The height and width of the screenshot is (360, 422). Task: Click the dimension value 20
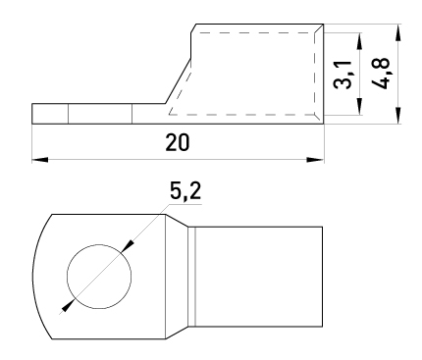click(x=178, y=143)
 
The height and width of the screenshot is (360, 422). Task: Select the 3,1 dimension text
click(x=343, y=75)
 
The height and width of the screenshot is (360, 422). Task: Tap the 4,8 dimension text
click(x=381, y=74)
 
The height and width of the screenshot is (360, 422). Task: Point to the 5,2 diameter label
click(x=185, y=191)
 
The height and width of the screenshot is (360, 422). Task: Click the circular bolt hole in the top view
click(x=99, y=277)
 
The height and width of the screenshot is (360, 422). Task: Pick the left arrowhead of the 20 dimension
click(x=40, y=160)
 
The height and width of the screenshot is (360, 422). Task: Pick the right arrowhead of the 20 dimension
click(x=315, y=160)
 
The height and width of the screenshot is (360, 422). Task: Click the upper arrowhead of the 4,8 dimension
click(x=397, y=32)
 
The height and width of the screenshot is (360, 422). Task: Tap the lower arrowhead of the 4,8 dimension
click(x=397, y=116)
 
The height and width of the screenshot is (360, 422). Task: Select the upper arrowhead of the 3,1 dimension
click(x=359, y=41)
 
